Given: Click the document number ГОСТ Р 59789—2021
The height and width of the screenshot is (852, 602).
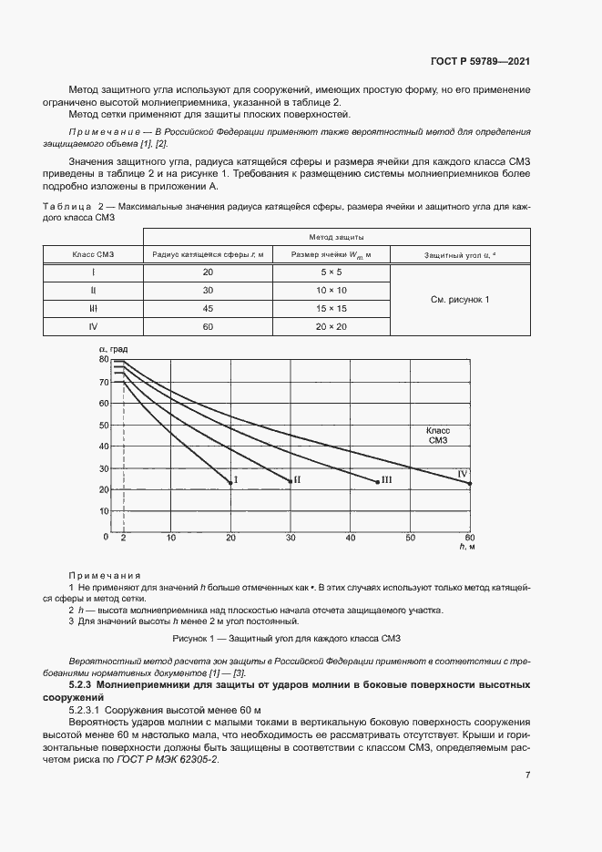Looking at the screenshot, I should tap(480, 62).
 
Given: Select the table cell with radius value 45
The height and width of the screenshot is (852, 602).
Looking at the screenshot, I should tap(207, 308).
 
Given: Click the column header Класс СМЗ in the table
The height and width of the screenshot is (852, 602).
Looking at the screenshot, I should tap(92, 254).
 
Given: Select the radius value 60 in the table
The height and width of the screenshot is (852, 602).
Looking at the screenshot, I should tap(207, 325).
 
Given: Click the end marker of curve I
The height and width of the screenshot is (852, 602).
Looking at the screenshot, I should tap(230, 482).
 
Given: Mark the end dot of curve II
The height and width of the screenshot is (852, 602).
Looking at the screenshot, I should tap(291, 481).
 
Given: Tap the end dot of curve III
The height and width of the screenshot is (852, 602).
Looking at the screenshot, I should tap(377, 481).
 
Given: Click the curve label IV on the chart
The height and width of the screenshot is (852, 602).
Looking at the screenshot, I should tap(462, 474).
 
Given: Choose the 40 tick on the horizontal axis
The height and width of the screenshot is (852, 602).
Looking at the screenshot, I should tap(351, 538).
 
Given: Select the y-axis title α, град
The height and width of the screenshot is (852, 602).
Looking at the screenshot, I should tap(114, 350).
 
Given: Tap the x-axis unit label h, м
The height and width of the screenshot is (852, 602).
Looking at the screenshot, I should tap(468, 547).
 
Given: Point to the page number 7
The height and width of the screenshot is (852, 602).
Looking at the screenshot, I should tap(527, 775).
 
